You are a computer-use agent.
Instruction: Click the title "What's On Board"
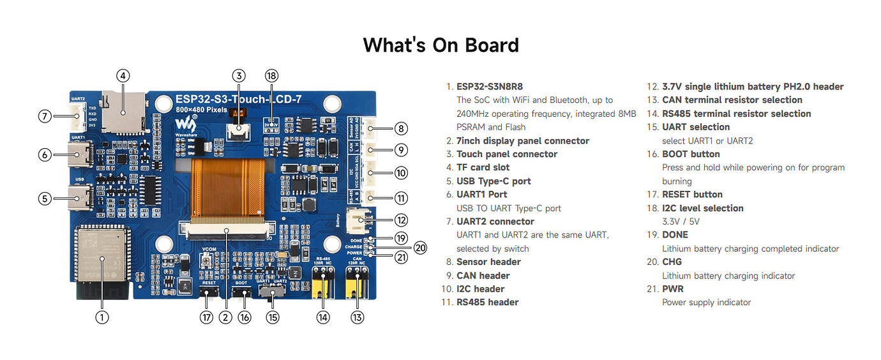tap(440, 45)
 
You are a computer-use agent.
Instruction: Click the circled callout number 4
tap(123, 75)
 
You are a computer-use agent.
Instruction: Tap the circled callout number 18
tap(272, 75)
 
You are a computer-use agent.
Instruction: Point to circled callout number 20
tap(419, 248)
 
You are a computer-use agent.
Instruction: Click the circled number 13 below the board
tap(358, 317)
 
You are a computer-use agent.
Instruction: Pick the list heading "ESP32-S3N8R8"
tap(485, 86)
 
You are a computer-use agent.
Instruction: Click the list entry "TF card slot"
tap(483, 167)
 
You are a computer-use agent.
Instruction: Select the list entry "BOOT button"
tap(691, 154)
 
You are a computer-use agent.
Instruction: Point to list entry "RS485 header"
tap(487, 302)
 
